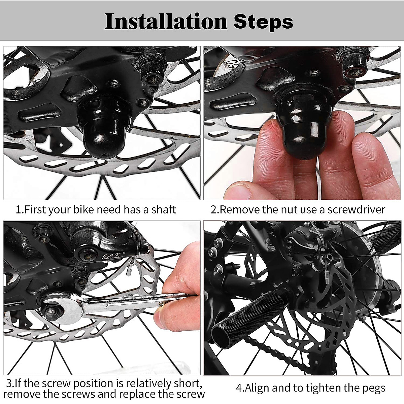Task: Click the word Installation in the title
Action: click(166, 22)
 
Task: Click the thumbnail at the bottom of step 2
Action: click(238, 191)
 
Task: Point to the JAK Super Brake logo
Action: click(113, 256)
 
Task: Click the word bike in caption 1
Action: click(83, 209)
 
